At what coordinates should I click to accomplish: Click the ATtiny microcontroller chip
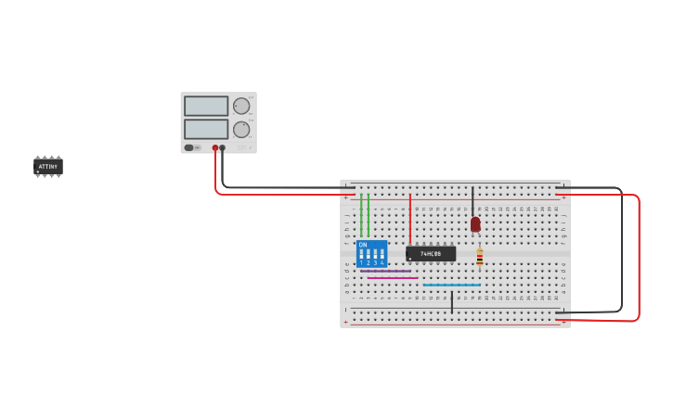[x=48, y=167]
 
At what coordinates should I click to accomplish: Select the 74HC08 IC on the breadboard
[x=431, y=253]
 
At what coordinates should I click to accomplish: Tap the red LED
[x=475, y=224]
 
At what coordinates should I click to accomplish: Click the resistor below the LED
[x=479, y=257]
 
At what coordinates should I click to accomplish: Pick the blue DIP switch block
[x=371, y=254]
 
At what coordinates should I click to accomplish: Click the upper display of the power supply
[x=206, y=106]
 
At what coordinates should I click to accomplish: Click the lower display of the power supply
[x=206, y=129]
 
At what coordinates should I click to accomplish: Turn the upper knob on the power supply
[x=241, y=106]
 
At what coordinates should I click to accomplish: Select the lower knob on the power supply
[x=241, y=129]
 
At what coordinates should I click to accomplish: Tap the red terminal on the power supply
[x=214, y=147]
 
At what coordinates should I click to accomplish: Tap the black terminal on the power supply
[x=222, y=147]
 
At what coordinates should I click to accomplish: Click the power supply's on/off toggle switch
[x=189, y=147]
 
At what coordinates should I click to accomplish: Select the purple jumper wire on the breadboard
[x=385, y=271]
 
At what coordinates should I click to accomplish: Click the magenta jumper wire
[x=393, y=277]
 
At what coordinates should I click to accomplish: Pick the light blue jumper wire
[x=451, y=285]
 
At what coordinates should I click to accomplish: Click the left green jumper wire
[x=361, y=215]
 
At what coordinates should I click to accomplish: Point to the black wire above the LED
[x=472, y=199]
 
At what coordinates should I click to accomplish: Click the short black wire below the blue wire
[x=452, y=301]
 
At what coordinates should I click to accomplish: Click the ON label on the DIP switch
[x=363, y=245]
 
